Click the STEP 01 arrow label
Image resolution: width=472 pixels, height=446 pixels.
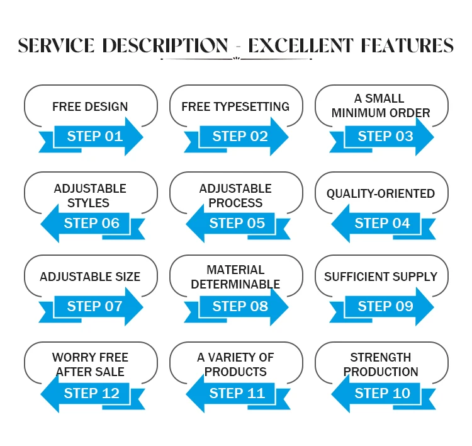(x=95, y=136)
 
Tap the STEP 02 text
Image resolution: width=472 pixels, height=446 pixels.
(x=240, y=136)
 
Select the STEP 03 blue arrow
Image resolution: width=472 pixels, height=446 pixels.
(x=386, y=136)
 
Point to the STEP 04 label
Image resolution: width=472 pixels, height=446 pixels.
(x=382, y=223)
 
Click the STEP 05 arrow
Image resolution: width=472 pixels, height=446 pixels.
(x=237, y=223)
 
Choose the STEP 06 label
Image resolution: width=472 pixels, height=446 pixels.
(x=91, y=223)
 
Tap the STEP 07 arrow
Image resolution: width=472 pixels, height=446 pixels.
(x=95, y=306)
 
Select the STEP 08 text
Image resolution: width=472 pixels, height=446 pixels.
(x=240, y=306)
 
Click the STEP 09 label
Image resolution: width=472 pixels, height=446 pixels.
(x=386, y=306)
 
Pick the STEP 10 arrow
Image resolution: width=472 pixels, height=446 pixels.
(x=382, y=393)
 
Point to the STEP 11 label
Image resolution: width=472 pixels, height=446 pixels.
(x=237, y=393)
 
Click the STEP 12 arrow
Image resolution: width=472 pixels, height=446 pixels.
(x=91, y=393)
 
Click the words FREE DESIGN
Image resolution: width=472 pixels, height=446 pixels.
(x=90, y=106)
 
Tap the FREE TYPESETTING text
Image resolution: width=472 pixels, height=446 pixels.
(x=235, y=106)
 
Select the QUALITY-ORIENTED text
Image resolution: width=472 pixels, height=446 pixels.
(x=381, y=193)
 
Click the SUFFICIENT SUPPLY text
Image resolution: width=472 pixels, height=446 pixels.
(x=381, y=277)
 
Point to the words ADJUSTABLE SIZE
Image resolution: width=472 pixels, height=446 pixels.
(x=90, y=277)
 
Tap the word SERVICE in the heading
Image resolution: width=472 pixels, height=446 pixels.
(x=57, y=46)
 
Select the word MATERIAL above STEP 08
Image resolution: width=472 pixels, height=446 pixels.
(x=235, y=270)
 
